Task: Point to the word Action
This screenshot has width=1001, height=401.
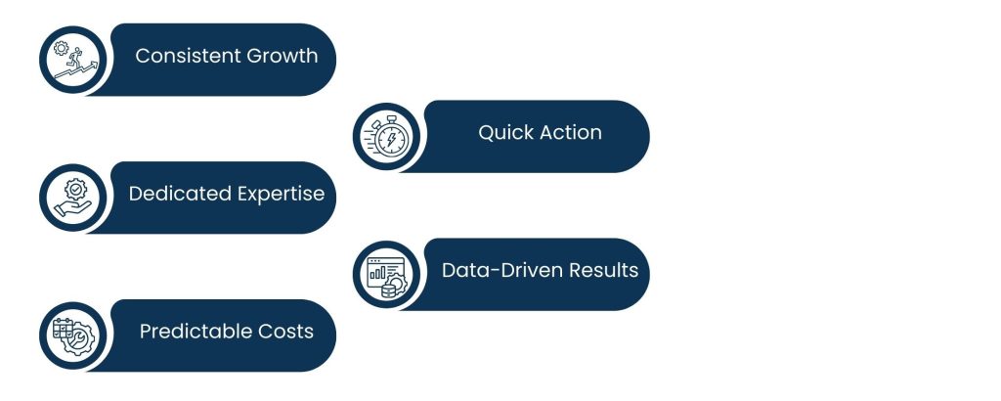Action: (x=570, y=132)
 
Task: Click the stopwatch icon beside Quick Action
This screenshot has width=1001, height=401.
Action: (x=386, y=137)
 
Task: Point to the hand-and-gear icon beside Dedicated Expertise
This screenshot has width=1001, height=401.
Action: (x=72, y=198)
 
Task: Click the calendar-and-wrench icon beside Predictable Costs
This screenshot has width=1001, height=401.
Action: (x=73, y=335)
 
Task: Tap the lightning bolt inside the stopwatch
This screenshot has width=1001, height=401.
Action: (x=391, y=139)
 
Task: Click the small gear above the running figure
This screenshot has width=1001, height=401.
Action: (x=61, y=48)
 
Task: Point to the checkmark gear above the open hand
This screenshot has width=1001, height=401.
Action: (x=76, y=189)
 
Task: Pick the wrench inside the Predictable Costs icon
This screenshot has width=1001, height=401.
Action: (x=80, y=339)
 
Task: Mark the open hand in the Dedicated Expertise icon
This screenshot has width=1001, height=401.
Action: (x=72, y=209)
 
